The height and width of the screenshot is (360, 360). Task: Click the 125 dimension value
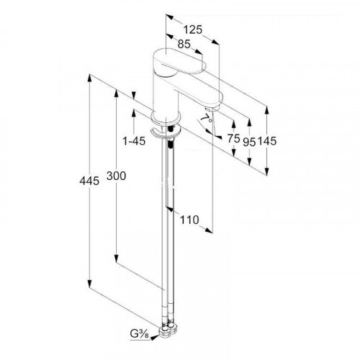[193, 30]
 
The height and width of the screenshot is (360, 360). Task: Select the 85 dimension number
[184, 44]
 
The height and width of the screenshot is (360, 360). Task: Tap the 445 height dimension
[89, 181]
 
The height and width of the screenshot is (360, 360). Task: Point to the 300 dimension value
[116, 176]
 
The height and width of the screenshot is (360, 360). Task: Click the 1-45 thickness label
[134, 141]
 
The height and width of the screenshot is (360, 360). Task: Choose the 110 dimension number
[189, 220]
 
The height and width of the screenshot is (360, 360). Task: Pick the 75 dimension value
[234, 138]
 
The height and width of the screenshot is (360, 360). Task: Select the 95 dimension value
[249, 142]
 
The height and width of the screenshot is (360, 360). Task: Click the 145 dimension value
[267, 141]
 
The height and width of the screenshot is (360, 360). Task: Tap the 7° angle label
[207, 118]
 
